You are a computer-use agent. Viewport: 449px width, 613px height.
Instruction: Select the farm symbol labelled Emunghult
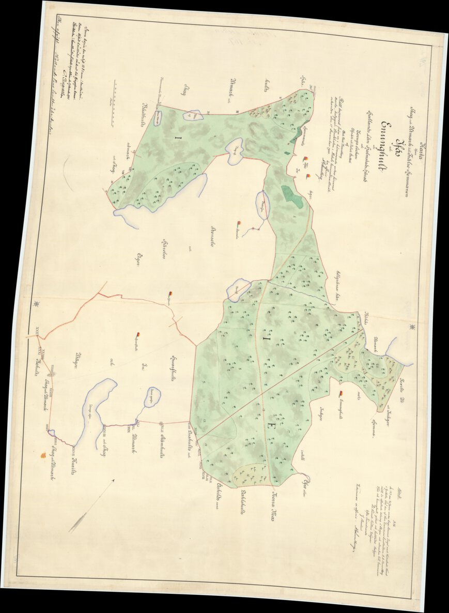tap(340, 395)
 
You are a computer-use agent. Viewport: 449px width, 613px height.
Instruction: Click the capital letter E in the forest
tap(269, 425)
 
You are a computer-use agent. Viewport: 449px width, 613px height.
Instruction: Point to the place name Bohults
tap(38, 369)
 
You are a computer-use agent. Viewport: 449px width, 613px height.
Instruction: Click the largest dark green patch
tap(292, 196)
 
